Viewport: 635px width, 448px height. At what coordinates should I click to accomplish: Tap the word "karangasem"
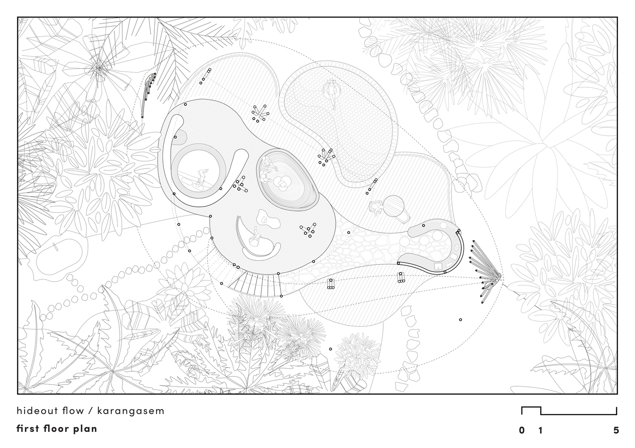(131, 411)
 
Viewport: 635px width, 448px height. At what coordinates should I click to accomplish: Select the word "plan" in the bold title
(85, 429)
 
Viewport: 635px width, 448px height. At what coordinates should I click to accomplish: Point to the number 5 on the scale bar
(616, 430)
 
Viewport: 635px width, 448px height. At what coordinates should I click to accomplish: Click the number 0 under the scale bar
(521, 430)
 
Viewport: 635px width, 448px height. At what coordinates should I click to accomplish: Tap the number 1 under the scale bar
(540, 430)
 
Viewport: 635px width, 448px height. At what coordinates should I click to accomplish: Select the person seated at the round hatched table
(377, 207)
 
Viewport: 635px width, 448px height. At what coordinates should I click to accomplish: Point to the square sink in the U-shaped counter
(438, 266)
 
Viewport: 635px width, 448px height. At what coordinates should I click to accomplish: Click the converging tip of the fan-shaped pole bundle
(501, 275)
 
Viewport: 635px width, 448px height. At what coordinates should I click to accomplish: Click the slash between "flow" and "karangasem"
(91, 411)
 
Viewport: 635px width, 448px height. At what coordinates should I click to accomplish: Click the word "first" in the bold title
(28, 428)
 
